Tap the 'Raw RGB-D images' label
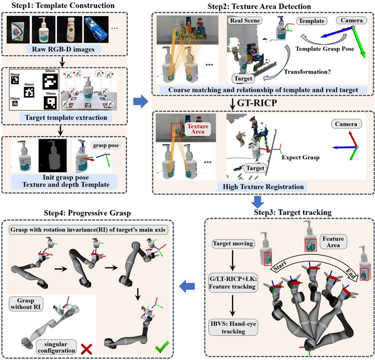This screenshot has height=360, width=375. [x=65, y=51]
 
